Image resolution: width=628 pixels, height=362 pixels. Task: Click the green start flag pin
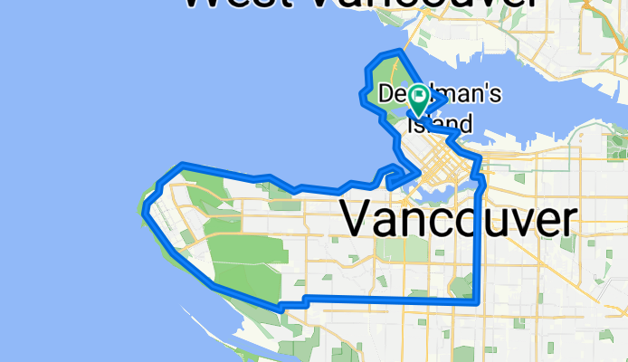point(420,97)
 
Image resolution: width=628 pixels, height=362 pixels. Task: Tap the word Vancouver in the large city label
point(458,220)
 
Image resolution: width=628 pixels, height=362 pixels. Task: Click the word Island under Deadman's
point(440,123)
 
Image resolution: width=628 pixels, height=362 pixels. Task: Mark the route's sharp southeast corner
point(476,302)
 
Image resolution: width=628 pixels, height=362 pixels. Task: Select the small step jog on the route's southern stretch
point(305,300)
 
